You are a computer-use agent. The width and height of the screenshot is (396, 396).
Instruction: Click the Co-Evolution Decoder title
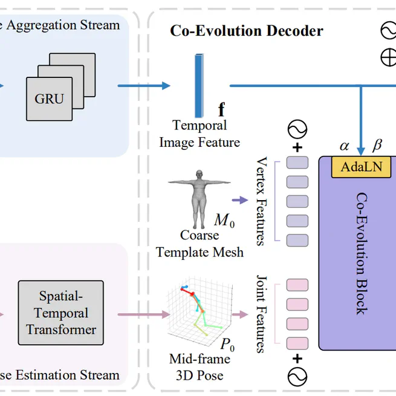(x=246, y=31)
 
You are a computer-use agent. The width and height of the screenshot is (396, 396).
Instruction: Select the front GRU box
(x=49, y=98)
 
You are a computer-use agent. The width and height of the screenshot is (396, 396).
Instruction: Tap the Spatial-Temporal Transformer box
(x=61, y=313)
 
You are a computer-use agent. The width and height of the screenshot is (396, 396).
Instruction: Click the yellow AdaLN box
(x=362, y=167)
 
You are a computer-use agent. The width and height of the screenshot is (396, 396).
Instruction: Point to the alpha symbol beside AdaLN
(x=345, y=146)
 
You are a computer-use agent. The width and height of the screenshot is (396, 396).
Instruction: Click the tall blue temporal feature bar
(x=199, y=85)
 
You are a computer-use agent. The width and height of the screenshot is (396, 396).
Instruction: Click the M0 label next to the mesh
(x=224, y=221)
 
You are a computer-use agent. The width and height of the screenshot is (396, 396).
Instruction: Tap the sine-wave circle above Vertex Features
(x=297, y=129)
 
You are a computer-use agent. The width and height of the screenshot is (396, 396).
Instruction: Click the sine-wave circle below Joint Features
(x=297, y=377)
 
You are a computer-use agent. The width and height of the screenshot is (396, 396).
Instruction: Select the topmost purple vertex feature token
(x=297, y=163)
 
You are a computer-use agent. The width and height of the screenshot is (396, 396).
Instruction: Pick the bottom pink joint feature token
(x=297, y=342)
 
